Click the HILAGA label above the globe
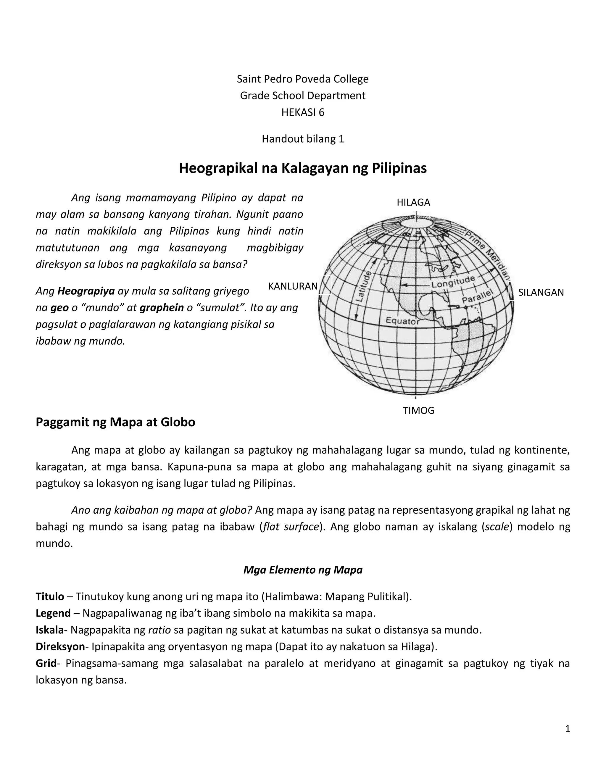click(x=413, y=202)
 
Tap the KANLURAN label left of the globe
click(x=293, y=286)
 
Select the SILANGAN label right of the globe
click(x=541, y=293)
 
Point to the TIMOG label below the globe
click(x=418, y=410)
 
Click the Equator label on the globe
click(x=402, y=321)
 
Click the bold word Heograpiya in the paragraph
click(x=86, y=291)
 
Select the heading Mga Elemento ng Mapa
click(x=303, y=570)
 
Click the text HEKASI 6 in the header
click(x=303, y=112)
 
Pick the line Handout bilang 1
click(x=303, y=139)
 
